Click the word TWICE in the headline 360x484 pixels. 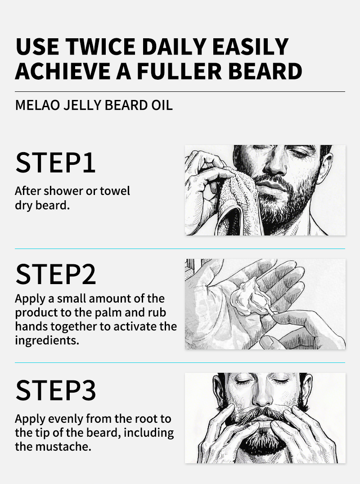[100, 47]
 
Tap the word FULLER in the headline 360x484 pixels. [180, 71]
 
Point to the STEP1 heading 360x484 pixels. [55, 163]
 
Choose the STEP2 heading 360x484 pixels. [56, 274]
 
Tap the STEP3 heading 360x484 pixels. [56, 390]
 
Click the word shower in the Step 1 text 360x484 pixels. [63, 191]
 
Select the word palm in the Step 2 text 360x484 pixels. [108, 312]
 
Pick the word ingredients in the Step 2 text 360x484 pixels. [47, 340]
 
